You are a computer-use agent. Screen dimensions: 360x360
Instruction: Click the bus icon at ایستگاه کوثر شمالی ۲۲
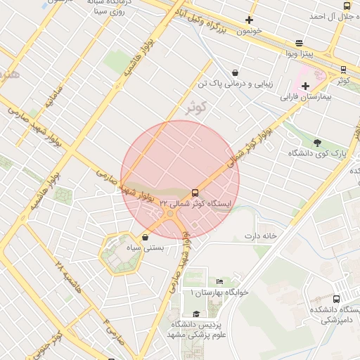(195, 193)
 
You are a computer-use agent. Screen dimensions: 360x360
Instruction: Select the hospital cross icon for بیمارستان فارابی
(305, 86)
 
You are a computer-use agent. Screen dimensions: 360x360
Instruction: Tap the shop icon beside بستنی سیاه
(145, 238)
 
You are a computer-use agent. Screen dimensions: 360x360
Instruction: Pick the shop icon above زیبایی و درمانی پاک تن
(234, 72)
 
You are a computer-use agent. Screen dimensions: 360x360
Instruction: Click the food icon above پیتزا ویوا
(300, 43)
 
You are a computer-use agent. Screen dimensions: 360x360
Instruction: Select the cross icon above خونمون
(249, 20)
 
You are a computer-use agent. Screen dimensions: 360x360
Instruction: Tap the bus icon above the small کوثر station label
(343, 70)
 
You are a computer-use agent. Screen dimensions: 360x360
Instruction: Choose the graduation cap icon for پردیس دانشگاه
(197, 314)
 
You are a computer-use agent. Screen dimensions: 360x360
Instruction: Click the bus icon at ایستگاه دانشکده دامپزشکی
(336, 300)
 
